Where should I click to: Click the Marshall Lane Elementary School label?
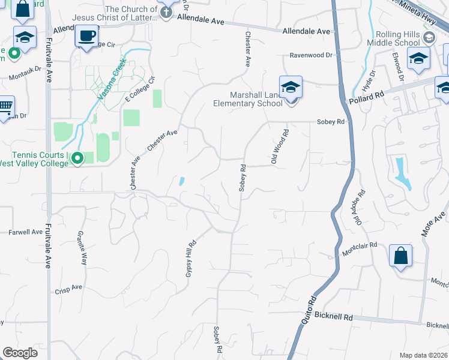[248, 99]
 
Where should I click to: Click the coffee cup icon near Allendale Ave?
[86, 35]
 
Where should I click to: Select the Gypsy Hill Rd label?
[190, 259]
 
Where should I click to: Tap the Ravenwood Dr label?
[311, 55]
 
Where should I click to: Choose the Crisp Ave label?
[68, 288]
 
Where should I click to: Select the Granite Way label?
[82, 249]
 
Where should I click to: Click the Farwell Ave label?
[26, 232]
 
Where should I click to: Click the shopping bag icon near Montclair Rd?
[400, 256]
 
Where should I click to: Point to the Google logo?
[20, 353]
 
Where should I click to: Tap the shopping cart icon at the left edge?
[5, 107]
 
